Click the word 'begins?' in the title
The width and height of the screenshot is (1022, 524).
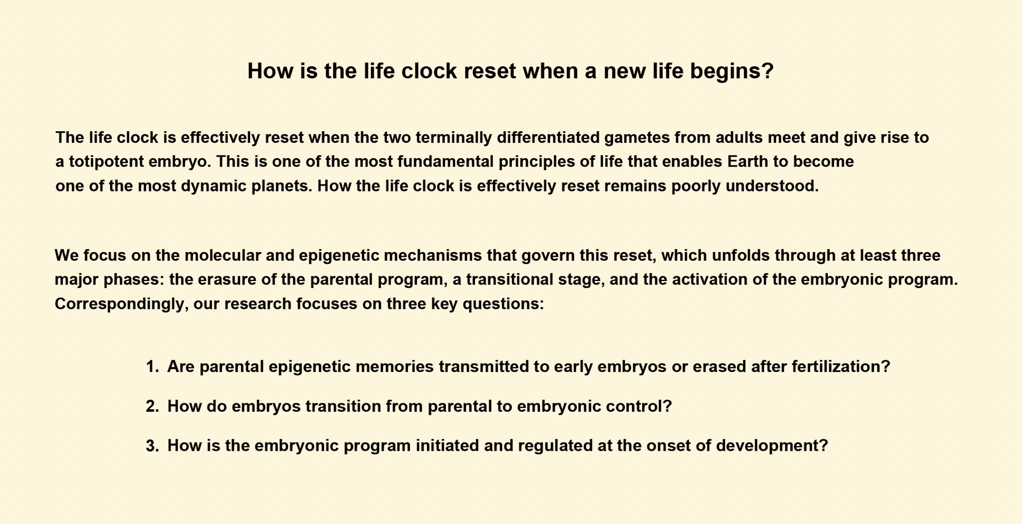pos(732,71)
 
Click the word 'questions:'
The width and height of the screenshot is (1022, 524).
pos(503,304)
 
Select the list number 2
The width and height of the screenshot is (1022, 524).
pos(152,407)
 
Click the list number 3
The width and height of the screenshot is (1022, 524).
pos(152,446)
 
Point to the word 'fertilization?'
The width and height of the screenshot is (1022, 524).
pos(841,367)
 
